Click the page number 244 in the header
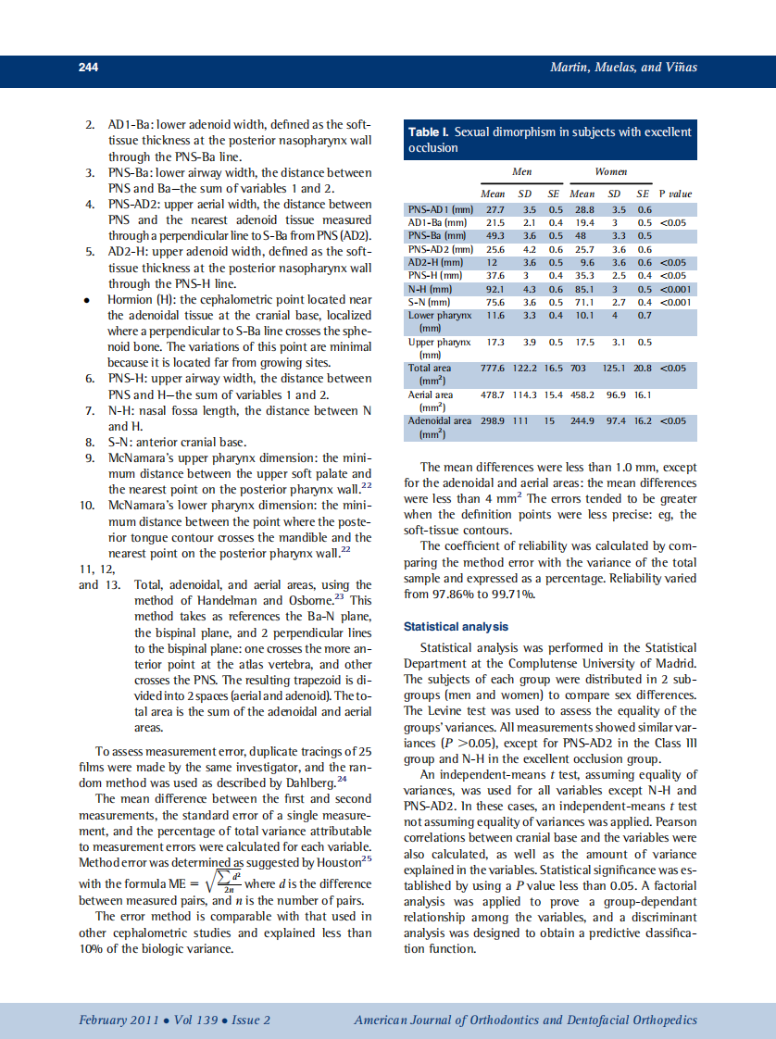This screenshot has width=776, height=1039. tap(88, 68)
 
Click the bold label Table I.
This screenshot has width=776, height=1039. tap(429, 132)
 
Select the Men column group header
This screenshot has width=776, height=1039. tap(522, 171)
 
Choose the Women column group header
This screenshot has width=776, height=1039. tap(611, 171)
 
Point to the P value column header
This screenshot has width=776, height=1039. tap(674, 194)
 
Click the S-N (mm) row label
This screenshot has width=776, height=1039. tap(428, 301)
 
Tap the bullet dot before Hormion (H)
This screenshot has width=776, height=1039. tap(86, 300)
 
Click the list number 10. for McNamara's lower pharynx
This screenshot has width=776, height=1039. tap(87, 506)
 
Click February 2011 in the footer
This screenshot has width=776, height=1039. tap(119, 1020)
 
